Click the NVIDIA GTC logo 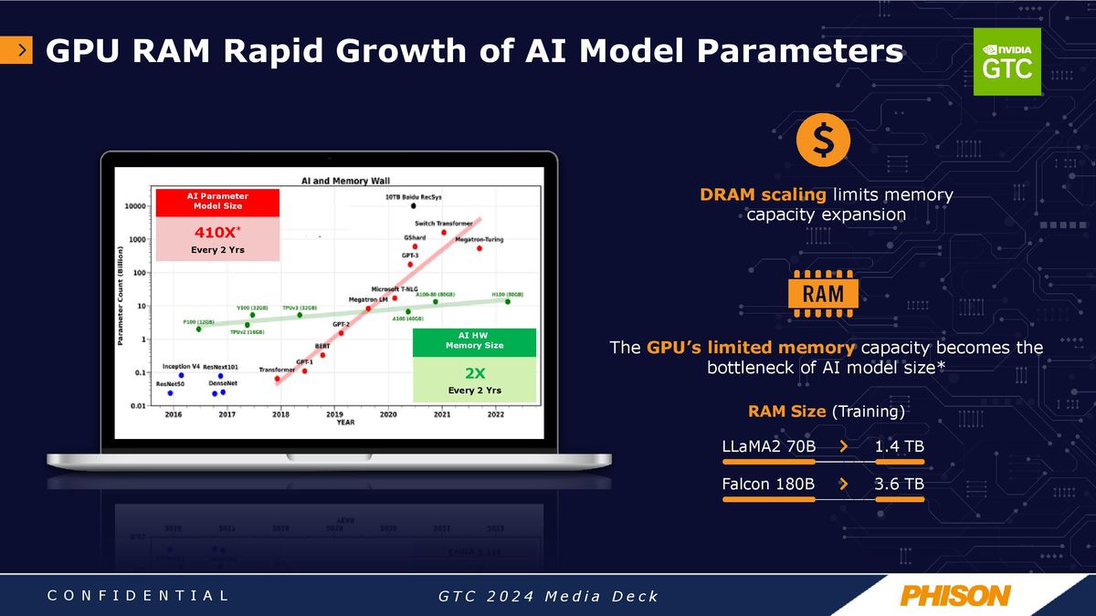tap(1006, 61)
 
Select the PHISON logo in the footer tap(954, 596)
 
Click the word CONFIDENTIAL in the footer tap(137, 596)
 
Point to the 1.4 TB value tap(899, 446)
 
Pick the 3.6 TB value tap(899, 484)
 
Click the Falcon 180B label tap(768, 484)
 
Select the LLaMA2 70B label tap(768, 446)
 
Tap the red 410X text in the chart tap(216, 230)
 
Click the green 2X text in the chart tap(472, 372)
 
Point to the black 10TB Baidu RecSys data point tap(413, 206)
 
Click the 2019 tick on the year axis tap(334, 414)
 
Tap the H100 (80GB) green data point tap(508, 301)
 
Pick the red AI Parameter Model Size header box tap(216, 201)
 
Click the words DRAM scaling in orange tap(764, 194)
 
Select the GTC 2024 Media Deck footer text tap(548, 597)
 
